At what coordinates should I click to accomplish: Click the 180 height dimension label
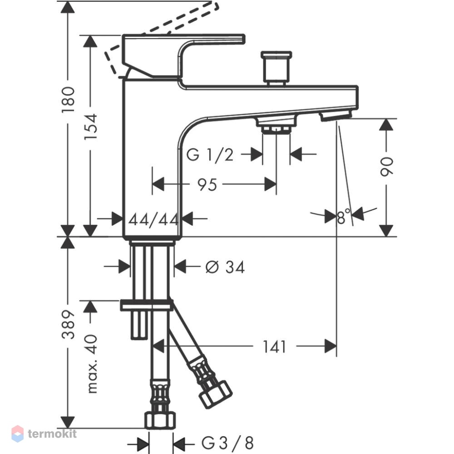69,100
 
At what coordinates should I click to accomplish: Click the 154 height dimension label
91,127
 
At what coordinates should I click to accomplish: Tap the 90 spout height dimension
386,167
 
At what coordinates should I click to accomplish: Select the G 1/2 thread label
210,155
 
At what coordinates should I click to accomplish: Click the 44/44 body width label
153,219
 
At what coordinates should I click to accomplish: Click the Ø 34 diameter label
225,267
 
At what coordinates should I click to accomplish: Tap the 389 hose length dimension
69,324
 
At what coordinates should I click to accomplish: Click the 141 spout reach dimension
274,346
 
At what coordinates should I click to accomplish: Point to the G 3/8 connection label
227,443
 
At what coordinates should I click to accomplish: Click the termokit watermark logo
44,434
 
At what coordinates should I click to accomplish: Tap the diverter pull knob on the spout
276,69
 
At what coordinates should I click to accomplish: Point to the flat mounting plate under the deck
147,305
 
